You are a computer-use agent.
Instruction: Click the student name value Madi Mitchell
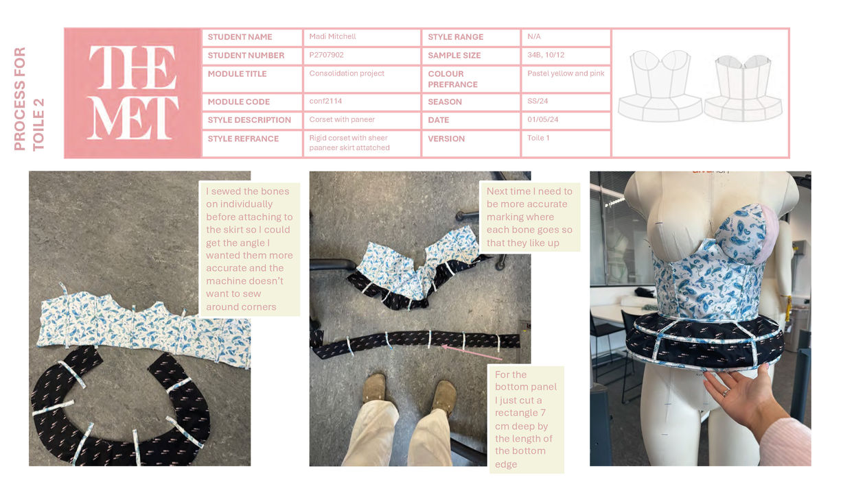point(332,36)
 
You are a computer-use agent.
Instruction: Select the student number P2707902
point(326,55)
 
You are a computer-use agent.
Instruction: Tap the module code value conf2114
point(325,101)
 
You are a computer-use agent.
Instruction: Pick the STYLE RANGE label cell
point(471,37)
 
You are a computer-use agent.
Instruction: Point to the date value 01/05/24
point(542,119)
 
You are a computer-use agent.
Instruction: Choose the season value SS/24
point(538,101)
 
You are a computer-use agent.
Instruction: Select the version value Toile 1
point(538,138)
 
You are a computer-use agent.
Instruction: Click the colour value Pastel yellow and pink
point(566,73)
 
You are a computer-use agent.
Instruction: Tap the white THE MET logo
point(133,93)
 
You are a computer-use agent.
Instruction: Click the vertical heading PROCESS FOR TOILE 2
point(30,99)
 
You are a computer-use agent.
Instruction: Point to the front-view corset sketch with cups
point(660,86)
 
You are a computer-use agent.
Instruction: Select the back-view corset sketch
point(743,88)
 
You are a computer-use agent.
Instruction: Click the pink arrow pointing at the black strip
point(471,352)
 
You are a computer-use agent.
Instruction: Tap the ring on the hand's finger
point(726,392)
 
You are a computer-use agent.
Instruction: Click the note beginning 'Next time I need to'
point(529,217)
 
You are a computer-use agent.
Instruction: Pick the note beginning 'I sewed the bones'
point(249,249)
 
